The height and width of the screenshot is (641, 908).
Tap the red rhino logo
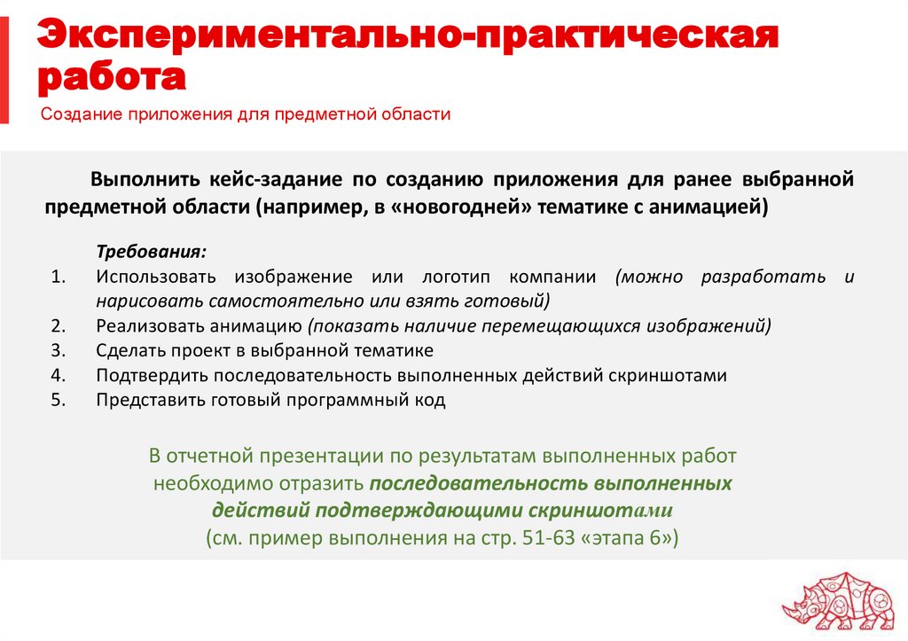click(x=837, y=598)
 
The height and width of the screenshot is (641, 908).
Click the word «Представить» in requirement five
click(x=151, y=400)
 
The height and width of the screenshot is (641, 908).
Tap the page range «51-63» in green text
click(x=534, y=538)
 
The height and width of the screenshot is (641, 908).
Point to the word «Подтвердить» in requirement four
click(x=150, y=375)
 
